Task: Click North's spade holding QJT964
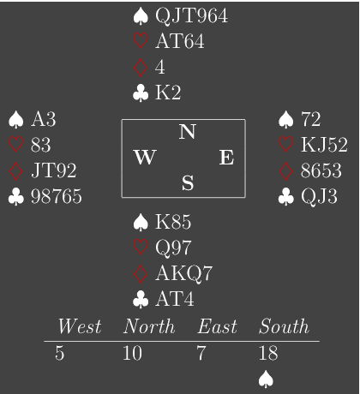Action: [191, 16]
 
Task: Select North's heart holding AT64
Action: [180, 41]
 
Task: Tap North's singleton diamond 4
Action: [160, 67]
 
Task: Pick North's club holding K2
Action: [168, 93]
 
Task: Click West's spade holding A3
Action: [44, 119]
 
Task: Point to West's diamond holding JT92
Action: [54, 170]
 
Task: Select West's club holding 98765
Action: [57, 196]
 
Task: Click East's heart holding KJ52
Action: [324, 145]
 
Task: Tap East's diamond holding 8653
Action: [321, 170]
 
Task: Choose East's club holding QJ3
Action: [319, 197]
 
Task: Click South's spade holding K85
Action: [173, 222]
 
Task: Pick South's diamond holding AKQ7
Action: [183, 273]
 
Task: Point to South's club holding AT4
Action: [175, 299]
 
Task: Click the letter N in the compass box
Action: [188, 132]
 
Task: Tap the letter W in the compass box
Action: [145, 157]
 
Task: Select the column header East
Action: [217, 326]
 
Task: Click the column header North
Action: [149, 326]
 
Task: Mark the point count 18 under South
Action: [268, 353]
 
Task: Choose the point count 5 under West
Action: [59, 353]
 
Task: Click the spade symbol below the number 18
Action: [266, 379]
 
